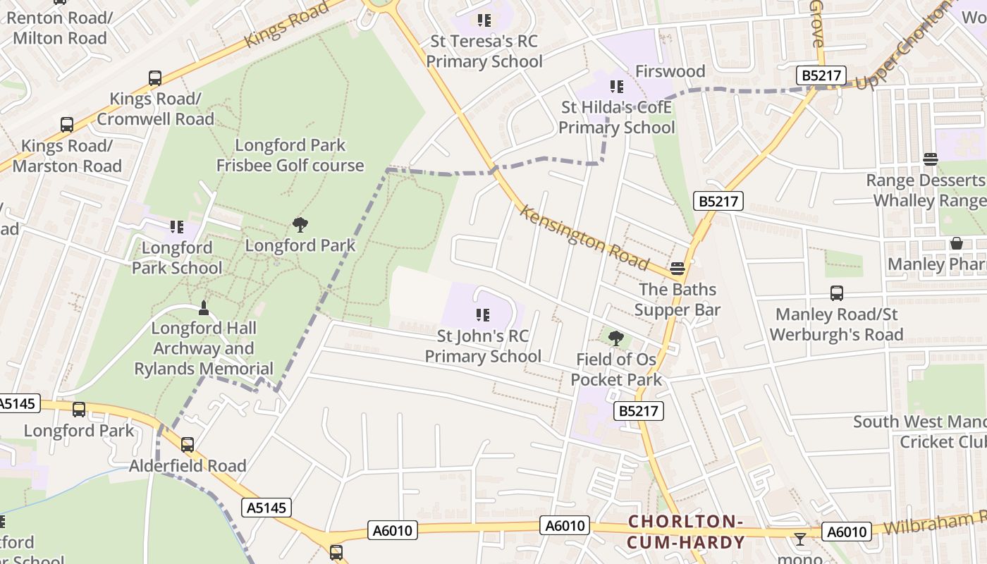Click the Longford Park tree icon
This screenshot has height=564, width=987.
[300, 225]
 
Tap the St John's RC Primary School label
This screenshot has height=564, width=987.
[483, 346]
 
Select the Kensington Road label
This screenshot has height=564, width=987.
[584, 238]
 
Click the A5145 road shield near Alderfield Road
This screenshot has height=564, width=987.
[268, 508]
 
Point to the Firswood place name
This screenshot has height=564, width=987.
[670, 71]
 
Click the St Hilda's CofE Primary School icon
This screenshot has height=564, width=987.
[617, 87]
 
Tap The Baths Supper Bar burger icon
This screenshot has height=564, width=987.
[678, 268]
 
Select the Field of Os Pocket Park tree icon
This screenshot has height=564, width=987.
[616, 338]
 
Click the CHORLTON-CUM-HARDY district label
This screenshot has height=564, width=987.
[685, 532]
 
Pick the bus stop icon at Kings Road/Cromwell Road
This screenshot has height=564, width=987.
[155, 78]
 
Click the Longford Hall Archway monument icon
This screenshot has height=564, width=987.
[204, 307]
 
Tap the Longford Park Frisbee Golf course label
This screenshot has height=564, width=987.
[290, 155]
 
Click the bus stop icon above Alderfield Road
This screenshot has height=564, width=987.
[188, 445]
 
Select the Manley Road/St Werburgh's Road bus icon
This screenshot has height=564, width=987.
[837, 293]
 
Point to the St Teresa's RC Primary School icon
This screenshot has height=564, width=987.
[484, 20]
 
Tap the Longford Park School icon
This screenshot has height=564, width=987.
[176, 227]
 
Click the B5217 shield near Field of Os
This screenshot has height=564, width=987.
[639, 411]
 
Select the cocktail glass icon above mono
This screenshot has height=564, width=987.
[799, 540]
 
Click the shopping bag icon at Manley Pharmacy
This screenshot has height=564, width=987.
[957, 243]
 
